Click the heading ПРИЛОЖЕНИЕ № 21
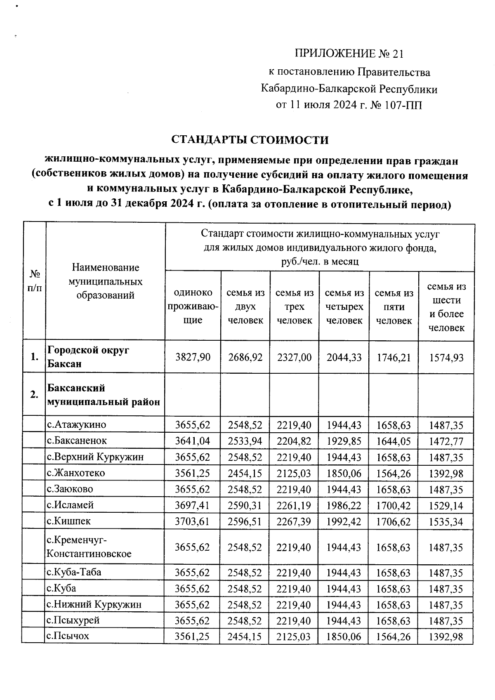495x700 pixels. click(349, 54)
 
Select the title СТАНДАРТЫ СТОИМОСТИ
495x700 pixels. click(250, 140)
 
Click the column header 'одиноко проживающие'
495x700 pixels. click(192, 306)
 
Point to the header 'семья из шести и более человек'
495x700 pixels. click(446, 307)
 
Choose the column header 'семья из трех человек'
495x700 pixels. click(295, 306)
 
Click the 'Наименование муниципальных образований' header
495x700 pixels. click(105, 281)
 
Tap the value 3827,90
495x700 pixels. click(193, 357)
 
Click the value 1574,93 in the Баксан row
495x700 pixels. click(446, 358)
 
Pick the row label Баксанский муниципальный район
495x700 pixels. click(104, 395)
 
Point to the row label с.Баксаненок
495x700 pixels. click(77, 441)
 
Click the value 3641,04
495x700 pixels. click(193, 441)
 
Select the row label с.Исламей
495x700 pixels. click(71, 505)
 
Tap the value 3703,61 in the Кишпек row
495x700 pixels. click(193, 521)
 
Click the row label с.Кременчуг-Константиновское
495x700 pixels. click(89, 547)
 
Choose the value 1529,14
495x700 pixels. click(446, 506)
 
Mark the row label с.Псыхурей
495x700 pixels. click(73, 620)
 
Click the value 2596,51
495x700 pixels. click(245, 521)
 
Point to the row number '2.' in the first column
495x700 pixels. click(34, 395)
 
